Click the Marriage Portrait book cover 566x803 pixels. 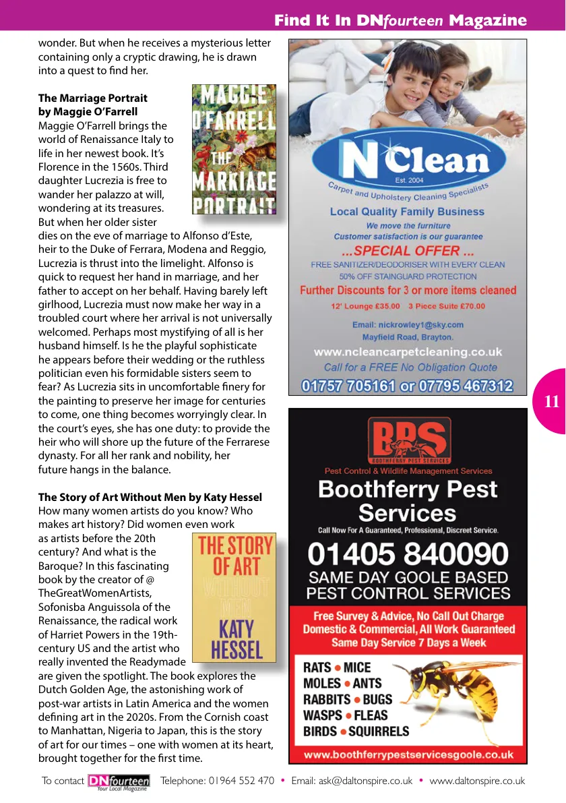click(234, 149)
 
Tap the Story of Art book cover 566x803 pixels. click(234, 597)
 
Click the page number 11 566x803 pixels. click(551, 402)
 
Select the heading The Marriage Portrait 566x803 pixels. click(93, 98)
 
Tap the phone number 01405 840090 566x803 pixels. click(408, 554)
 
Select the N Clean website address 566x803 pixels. click(408, 352)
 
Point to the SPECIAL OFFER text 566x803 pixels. click(408, 251)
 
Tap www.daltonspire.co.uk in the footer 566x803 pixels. click(477, 781)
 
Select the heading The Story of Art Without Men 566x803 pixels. click(150, 498)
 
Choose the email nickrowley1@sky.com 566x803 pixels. click(408, 324)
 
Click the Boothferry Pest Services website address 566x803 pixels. click(408, 755)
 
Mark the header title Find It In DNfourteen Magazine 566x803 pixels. click(400, 21)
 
